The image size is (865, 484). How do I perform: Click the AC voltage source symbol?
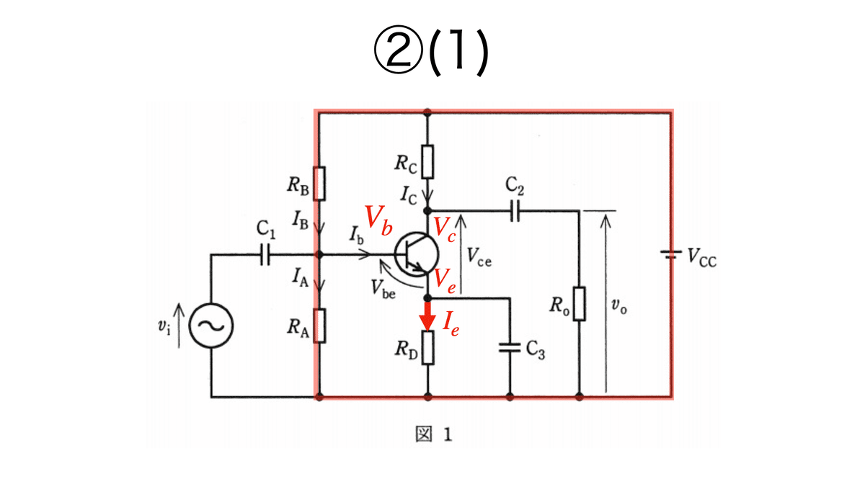(210, 326)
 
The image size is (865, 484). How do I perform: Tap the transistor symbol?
(417, 254)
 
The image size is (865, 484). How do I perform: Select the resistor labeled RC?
(427, 161)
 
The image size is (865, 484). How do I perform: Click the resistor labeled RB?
(319, 184)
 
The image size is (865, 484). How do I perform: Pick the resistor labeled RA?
(319, 326)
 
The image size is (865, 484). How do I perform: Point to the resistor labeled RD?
(427, 347)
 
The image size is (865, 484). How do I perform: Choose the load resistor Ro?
(579, 303)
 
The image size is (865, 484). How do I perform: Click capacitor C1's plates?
(265, 254)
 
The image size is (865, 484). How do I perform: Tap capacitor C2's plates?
(515, 211)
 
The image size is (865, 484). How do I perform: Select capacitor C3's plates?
(510, 347)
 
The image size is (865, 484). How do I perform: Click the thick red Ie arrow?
(427, 316)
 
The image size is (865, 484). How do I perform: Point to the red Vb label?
(378, 220)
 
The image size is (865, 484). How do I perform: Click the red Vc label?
(445, 229)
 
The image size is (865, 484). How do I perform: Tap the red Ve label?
(445, 281)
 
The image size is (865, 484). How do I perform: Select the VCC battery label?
(702, 257)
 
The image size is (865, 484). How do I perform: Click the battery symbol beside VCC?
(671, 254)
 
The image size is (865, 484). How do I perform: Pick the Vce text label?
(479, 256)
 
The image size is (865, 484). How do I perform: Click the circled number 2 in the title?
(398, 50)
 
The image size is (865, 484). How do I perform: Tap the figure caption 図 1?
(433, 434)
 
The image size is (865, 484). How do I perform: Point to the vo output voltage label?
(619, 305)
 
